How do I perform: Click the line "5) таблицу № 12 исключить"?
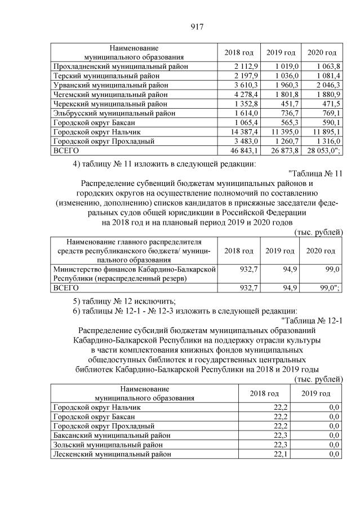(x=125, y=299)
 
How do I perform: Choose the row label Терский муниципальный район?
(x=109, y=76)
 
